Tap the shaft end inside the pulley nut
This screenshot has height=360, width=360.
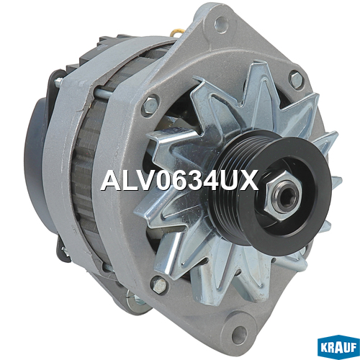pos(287,197)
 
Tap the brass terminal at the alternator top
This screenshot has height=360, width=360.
pos(177,32)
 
